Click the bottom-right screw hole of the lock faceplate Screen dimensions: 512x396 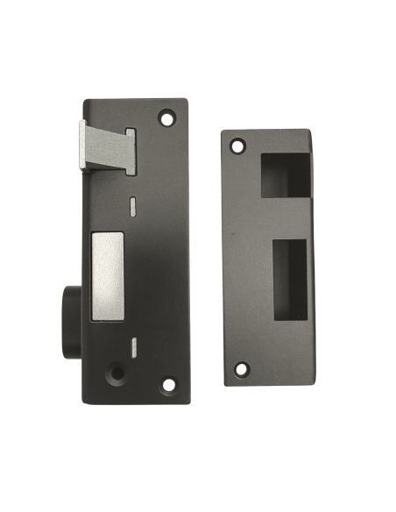click(168, 383)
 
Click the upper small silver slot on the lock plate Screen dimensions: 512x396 click(132, 205)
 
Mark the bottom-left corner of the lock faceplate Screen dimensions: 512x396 click(85, 402)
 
